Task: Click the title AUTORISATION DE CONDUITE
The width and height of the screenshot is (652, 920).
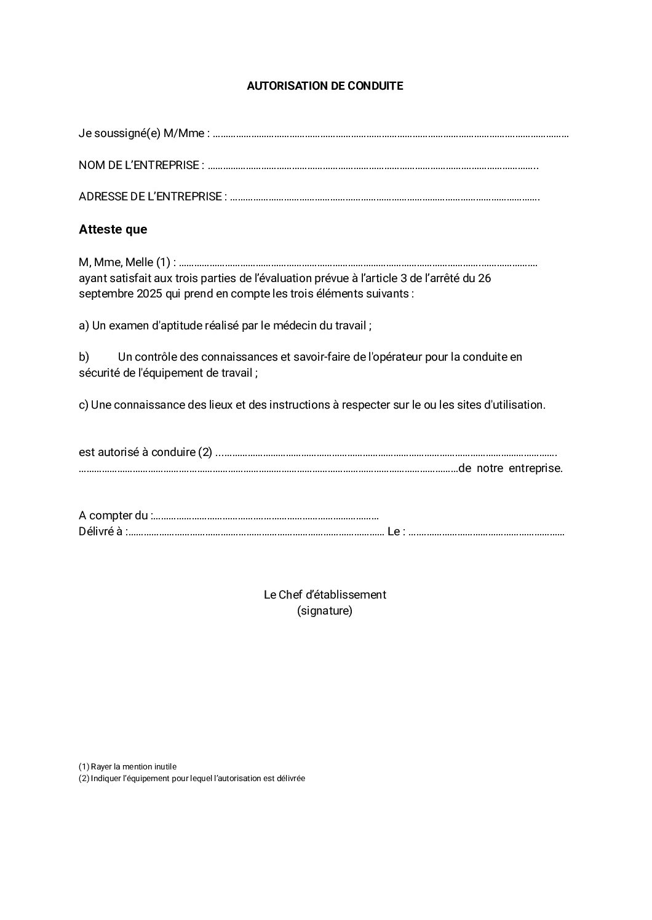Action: [x=325, y=86]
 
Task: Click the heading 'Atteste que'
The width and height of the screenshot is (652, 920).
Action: [x=113, y=230]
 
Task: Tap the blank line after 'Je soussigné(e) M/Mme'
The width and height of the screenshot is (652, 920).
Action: [x=391, y=133]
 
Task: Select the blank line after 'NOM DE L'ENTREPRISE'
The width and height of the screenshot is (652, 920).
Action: [x=372, y=165]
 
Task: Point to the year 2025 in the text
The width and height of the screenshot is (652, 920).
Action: [x=149, y=294]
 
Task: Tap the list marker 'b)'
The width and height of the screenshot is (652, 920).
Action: [x=84, y=357]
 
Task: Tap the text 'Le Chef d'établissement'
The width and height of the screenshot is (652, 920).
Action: [x=325, y=595]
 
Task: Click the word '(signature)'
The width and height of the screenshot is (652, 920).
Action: [x=325, y=611]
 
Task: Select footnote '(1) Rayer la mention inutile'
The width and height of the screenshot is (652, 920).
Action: [x=127, y=767]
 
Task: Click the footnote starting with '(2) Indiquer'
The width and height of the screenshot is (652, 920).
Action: [x=192, y=779]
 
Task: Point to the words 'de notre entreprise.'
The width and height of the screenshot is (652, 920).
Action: [x=511, y=468]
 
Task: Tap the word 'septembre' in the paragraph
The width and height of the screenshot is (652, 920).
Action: [x=102, y=294]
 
